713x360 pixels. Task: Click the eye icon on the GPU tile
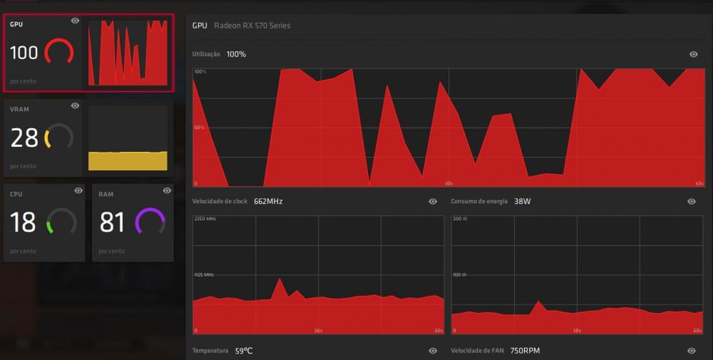point(76,21)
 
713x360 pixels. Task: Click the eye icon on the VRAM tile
point(76,106)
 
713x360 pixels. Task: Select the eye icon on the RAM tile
point(167,190)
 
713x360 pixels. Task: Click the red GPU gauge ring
point(59,52)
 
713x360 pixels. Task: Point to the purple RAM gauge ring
point(150,222)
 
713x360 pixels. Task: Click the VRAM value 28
point(24,138)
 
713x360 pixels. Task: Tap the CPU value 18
point(23,222)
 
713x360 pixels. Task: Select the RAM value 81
point(113,222)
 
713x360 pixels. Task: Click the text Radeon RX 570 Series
point(252,26)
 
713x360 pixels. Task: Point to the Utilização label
point(206,54)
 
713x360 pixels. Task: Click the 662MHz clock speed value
point(268,202)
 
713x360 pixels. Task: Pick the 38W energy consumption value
point(523,202)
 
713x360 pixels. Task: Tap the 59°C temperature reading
point(244,351)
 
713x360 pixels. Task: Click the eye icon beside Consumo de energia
point(691,202)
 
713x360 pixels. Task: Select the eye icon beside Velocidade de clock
point(433,202)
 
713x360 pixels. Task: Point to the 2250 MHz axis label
point(205,219)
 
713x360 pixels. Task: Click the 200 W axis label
point(459,219)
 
